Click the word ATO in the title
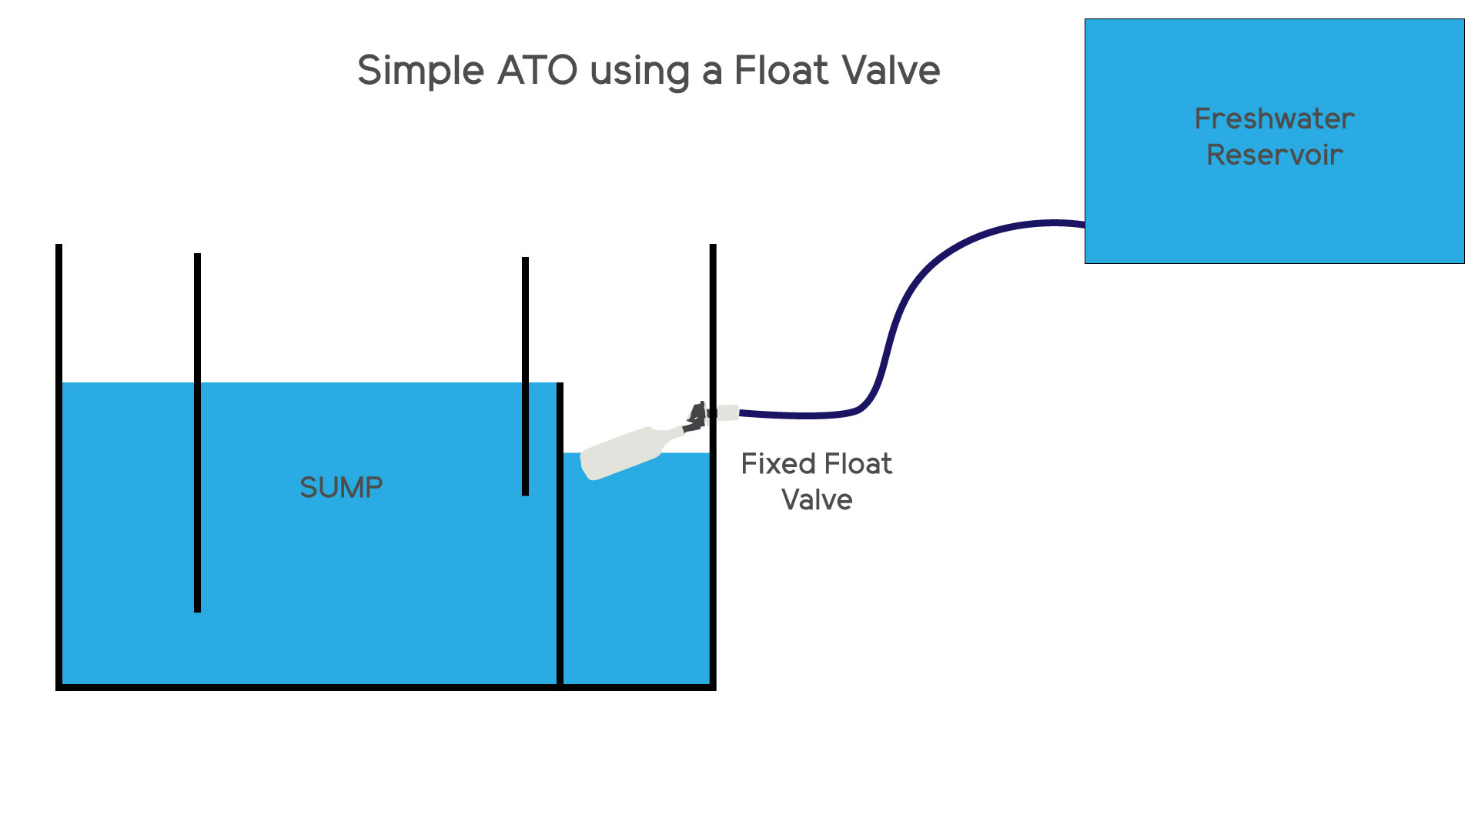537,71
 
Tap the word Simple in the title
420,71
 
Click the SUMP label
341,488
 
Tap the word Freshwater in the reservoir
1274,119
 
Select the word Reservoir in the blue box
1274,155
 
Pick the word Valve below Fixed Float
817,500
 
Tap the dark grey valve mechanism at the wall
696,417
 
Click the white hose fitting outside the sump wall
727,413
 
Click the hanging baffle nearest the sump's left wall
198,431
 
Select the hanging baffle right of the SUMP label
525,377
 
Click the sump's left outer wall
59,462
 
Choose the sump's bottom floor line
385,687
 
